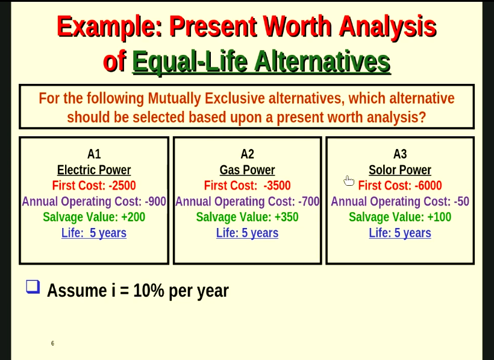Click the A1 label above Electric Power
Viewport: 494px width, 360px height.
tap(94, 154)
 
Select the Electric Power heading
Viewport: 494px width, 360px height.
tap(94, 170)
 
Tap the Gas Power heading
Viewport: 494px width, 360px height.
tap(247, 170)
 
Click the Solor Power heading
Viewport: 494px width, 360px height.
tap(400, 170)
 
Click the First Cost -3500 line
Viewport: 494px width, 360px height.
tap(247, 186)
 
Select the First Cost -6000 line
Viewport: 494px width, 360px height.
tap(400, 186)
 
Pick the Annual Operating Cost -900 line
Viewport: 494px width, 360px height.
tap(94, 201)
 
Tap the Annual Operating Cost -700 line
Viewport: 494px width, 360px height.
tap(247, 201)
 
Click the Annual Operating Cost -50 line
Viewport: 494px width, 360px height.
tap(400, 201)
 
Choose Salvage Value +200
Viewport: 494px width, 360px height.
tap(94, 217)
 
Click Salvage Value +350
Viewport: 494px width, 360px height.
tap(247, 217)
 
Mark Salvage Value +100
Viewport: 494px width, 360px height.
tap(400, 217)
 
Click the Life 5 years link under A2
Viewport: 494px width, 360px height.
tap(247, 233)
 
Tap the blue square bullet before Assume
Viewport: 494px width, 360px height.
tap(33, 286)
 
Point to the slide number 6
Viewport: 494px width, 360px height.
tap(52, 344)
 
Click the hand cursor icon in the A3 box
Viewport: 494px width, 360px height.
tap(348, 180)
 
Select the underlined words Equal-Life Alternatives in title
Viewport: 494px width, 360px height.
tap(261, 62)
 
